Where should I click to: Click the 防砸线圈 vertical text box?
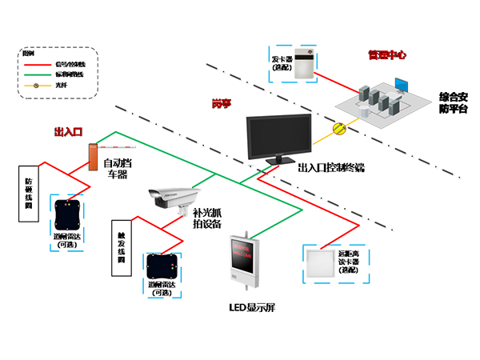coord(29,193)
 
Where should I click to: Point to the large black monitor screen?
coord(278,134)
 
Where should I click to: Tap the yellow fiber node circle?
coord(338,126)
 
